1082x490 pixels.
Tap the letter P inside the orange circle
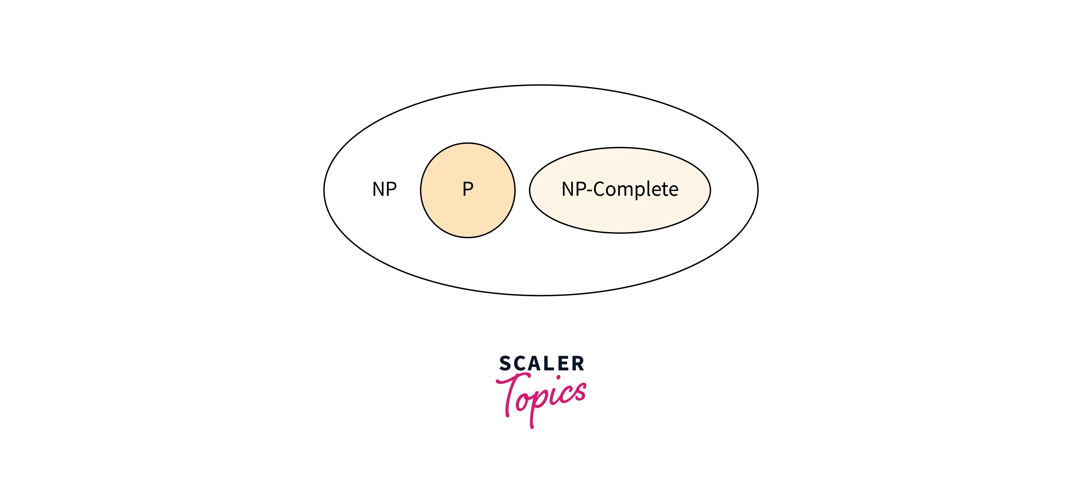pos(468,189)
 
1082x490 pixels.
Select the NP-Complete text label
pos(620,189)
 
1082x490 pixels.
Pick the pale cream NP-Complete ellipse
pos(620,216)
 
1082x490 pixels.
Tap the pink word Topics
pos(542,398)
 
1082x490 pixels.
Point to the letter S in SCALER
pos(506,364)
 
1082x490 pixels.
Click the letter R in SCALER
pos(578,364)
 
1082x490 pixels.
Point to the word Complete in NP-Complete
pos(636,189)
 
